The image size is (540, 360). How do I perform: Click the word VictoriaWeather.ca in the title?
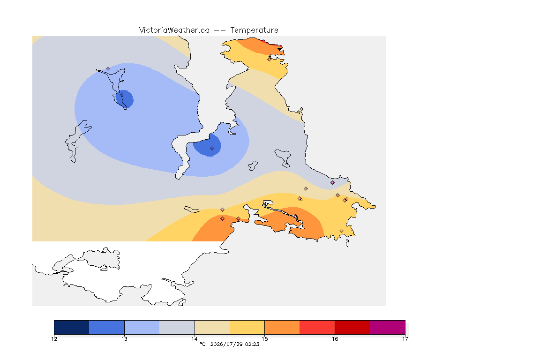tap(174, 30)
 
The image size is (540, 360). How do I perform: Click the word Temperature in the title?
tap(254, 30)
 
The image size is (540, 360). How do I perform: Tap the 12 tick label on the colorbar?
tap(54, 339)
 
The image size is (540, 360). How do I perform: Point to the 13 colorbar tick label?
tap(124, 339)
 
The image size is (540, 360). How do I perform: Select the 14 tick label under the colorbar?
tap(195, 339)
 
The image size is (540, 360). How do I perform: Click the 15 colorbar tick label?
tap(264, 339)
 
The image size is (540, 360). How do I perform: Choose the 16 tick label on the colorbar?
tap(335, 339)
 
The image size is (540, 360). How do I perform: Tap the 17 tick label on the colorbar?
tap(405, 339)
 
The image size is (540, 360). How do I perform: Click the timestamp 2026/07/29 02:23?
tap(234, 344)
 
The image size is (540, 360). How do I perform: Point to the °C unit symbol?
tap(202, 344)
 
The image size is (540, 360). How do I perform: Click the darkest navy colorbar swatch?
tap(72, 327)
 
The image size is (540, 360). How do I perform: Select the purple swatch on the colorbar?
tap(388, 327)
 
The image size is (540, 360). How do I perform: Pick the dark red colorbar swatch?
tap(352, 327)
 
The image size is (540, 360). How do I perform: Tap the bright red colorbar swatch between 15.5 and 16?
tap(317, 327)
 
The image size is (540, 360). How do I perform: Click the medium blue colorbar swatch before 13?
tap(107, 327)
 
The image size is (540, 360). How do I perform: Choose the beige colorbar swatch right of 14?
tap(212, 327)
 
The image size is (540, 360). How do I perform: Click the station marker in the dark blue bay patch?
tap(212, 149)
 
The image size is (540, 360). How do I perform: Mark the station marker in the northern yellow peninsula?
tap(270, 59)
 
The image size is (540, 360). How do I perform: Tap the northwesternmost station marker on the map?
tap(108, 69)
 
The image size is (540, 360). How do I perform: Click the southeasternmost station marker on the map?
tap(341, 231)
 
